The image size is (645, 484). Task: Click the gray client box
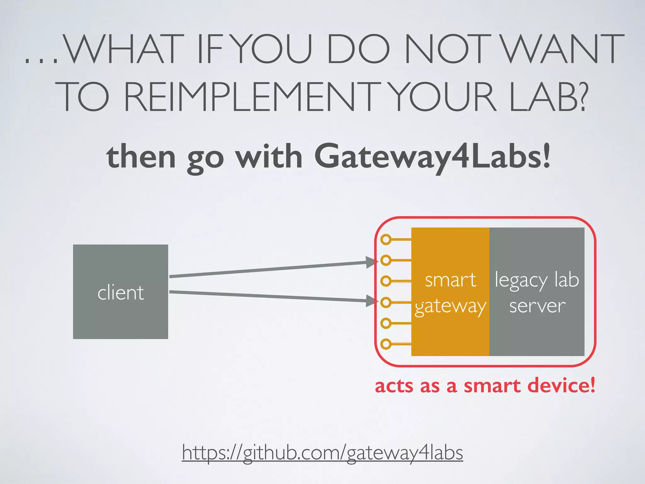(x=120, y=291)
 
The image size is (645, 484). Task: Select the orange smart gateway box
(x=450, y=291)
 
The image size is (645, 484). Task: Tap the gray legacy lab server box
(x=537, y=291)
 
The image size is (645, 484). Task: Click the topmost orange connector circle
(x=386, y=239)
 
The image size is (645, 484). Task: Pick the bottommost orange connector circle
(x=386, y=343)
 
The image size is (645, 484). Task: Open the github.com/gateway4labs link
(x=322, y=452)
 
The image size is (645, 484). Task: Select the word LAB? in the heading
(x=548, y=96)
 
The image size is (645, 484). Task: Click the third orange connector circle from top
(x=386, y=281)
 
